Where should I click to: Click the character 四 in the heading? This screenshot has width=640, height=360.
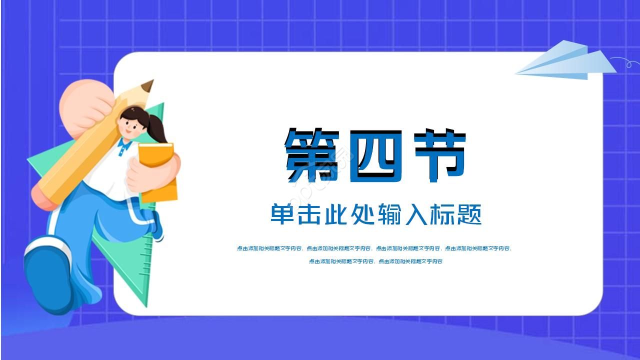(x=376, y=155)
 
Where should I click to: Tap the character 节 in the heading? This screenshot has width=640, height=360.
(x=440, y=155)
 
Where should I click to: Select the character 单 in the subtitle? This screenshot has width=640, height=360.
(x=283, y=214)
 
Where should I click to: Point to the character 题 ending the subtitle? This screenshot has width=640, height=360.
(x=469, y=214)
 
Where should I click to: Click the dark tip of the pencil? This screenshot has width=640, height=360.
(x=148, y=86)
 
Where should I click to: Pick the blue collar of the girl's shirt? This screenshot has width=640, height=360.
(x=124, y=146)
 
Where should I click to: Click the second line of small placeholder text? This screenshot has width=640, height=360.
(x=375, y=261)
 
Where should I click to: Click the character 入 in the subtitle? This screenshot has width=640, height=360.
(x=416, y=214)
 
